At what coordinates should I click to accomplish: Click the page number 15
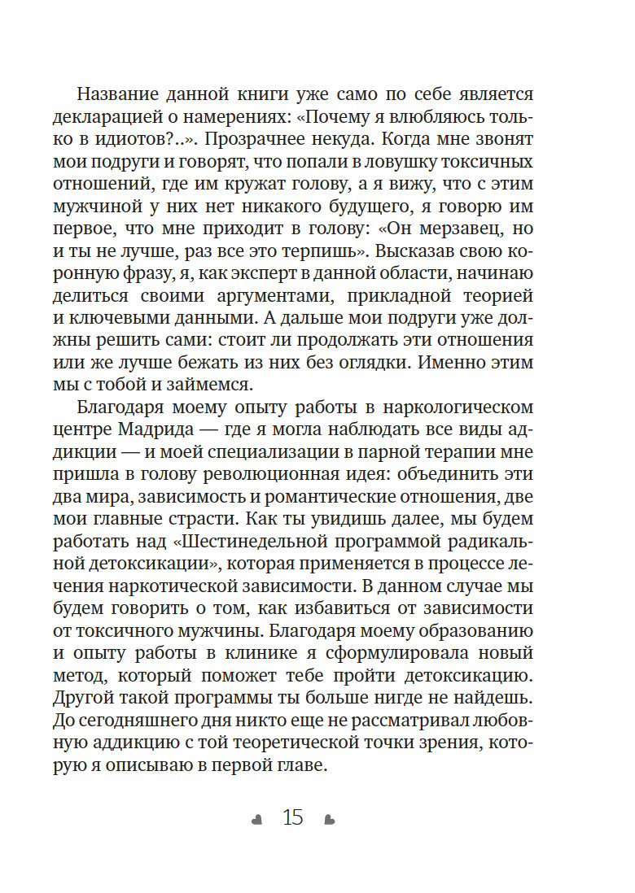coord(292,817)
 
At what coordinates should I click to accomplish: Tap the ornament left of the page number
coord(257,819)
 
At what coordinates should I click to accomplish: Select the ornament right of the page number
coord(329,819)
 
